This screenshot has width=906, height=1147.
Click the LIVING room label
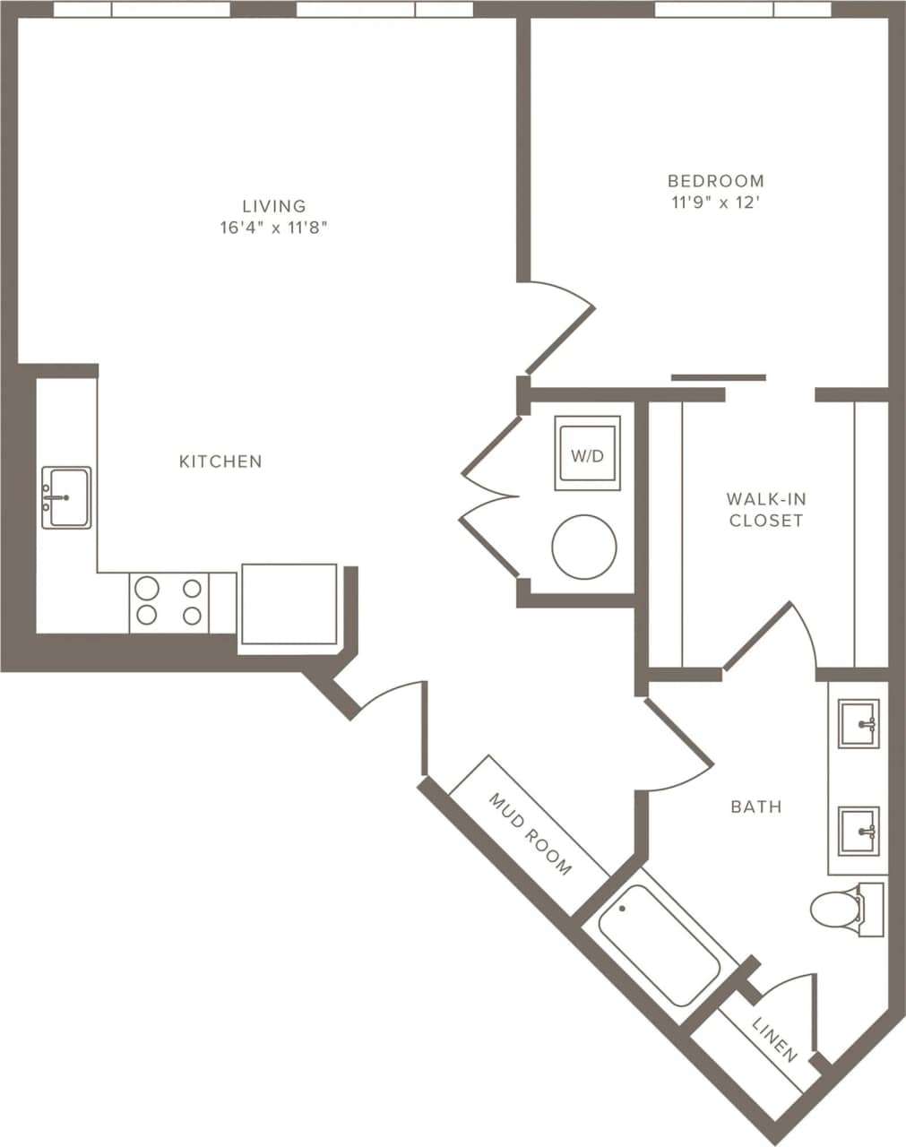pyautogui.click(x=273, y=206)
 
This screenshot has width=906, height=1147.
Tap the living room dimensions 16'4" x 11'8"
pyautogui.click(x=273, y=228)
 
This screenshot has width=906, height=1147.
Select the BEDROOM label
pyautogui.click(x=715, y=181)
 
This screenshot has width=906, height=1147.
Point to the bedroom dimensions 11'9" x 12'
pyautogui.click(x=715, y=203)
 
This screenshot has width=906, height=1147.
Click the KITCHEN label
pyautogui.click(x=220, y=461)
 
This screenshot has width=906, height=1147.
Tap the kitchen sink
pyautogui.click(x=66, y=497)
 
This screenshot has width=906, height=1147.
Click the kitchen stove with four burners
pyautogui.click(x=169, y=602)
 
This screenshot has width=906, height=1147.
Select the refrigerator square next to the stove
pyautogui.click(x=288, y=604)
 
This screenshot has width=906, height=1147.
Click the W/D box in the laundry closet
pyautogui.click(x=587, y=454)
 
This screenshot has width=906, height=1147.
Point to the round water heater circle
pyautogui.click(x=584, y=547)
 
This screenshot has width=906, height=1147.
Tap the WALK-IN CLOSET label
pyautogui.click(x=765, y=509)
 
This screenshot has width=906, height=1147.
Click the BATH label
pyautogui.click(x=756, y=806)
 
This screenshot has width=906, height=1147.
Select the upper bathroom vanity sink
pyautogui.click(x=859, y=723)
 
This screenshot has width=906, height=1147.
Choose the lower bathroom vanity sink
pyautogui.click(x=859, y=831)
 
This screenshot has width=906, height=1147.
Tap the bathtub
pyautogui.click(x=659, y=945)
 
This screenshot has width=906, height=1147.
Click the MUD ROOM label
pyautogui.click(x=530, y=833)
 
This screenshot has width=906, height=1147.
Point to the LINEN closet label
pyautogui.click(x=774, y=1039)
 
